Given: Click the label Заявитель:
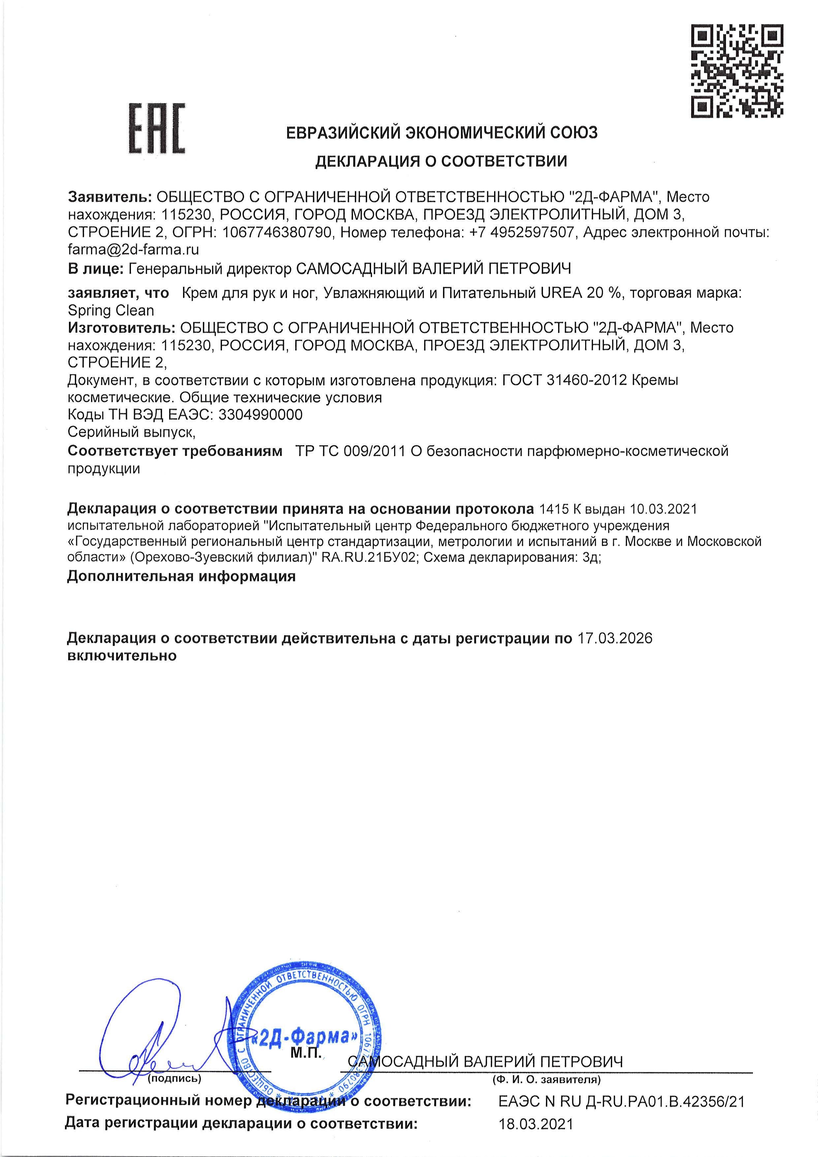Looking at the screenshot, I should coord(110,197).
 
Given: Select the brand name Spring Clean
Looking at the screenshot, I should coord(111,310).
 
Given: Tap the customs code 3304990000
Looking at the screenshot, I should coord(259,415).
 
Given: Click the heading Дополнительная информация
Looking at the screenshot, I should coord(181,576).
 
